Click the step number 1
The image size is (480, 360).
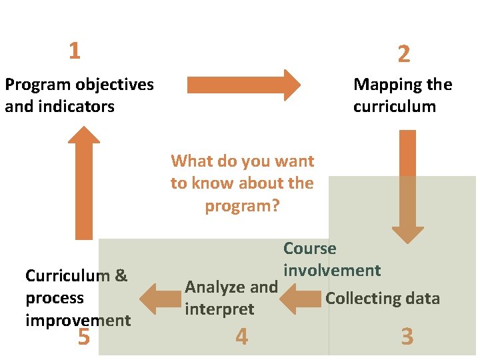coord(75,51)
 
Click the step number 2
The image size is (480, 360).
coord(403,54)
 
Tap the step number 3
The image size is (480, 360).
coord(407,337)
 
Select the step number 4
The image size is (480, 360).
coord(241,337)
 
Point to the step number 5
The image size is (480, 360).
coord(83,337)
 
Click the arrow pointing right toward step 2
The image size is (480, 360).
coord(243,85)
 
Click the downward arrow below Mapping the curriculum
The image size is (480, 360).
coord(407,187)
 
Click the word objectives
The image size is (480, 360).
coord(115,85)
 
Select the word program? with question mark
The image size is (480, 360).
coord(242,206)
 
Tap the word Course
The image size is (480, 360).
coord(310,249)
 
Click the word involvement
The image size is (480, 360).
coord(332,271)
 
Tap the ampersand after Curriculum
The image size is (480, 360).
coord(121,276)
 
